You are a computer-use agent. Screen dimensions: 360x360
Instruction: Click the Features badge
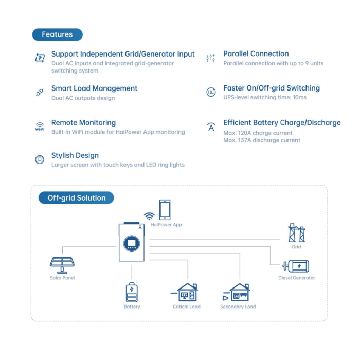pos(58,34)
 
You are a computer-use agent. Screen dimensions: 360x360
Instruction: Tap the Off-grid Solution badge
pos(76,197)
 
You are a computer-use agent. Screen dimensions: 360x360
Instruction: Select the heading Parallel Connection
pos(256,53)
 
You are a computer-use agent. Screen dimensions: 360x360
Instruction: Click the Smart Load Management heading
pos(94,88)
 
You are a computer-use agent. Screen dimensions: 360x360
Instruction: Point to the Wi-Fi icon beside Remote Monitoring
pos(40,127)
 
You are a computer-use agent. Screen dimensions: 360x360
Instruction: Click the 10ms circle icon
pos(211,92)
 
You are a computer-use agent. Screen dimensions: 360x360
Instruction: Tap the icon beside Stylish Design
pos(40,159)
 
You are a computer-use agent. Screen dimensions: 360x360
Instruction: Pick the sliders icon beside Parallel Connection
pos(211,58)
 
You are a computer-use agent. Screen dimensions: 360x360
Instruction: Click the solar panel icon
pos(62,265)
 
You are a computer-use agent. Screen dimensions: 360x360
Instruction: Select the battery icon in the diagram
pos(132,292)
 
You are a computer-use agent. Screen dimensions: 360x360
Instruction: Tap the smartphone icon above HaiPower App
pos(165,210)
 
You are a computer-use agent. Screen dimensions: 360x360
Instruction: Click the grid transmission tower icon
pos(297,233)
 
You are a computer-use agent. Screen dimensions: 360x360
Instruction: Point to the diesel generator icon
pos(296,266)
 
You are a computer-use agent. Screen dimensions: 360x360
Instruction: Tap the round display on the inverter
pos(132,243)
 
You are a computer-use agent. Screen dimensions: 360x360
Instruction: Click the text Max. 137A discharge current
pos(262,140)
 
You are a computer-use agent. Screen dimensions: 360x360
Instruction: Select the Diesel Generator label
pos(297,278)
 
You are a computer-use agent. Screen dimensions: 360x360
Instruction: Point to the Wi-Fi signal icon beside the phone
pos(149,216)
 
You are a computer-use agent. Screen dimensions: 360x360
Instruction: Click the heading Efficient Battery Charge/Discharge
pos(282,123)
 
